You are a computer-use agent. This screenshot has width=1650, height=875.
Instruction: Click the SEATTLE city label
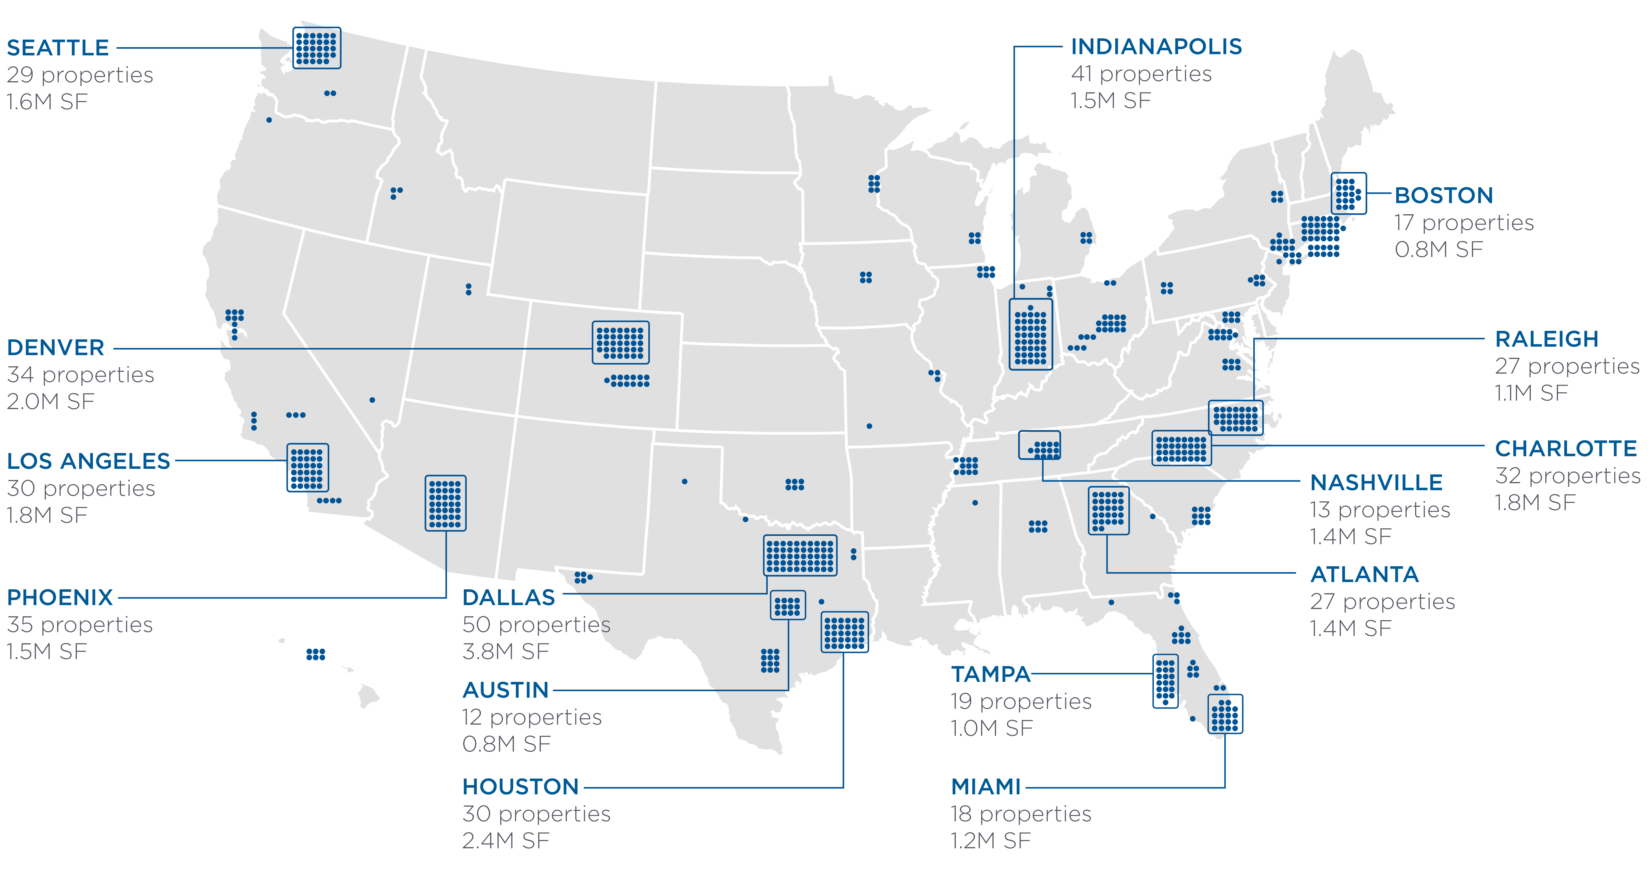coord(58,48)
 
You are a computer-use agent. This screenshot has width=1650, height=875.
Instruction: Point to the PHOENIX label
coord(59,597)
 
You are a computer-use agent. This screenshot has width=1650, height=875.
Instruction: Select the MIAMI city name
coord(986,787)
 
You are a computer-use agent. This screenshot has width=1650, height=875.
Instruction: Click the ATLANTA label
coord(1364,574)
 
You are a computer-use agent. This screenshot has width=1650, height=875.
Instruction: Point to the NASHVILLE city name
coord(1376,482)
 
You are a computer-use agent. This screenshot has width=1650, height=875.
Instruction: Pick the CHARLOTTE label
coord(1566,449)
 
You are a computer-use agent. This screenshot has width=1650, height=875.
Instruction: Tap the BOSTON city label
coord(1444,196)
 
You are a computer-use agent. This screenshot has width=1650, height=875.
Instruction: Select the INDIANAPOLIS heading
coord(1156,47)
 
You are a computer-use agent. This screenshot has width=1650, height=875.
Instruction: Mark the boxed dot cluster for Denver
coord(620,342)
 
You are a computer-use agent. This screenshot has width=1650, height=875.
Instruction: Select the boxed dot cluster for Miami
coord(1225,713)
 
